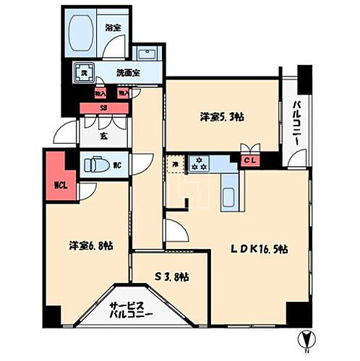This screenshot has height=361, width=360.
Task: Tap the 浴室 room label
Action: [113, 27]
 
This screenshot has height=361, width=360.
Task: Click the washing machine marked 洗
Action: [85, 73]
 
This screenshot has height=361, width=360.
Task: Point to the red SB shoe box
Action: [103, 108]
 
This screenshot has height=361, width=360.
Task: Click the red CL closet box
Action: [247, 161]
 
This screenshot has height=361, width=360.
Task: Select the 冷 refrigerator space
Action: [173, 163]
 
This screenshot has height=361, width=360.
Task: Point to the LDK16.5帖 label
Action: [260, 249]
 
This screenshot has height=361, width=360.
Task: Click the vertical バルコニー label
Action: [296, 123]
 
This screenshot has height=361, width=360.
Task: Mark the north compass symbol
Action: [307, 339]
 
